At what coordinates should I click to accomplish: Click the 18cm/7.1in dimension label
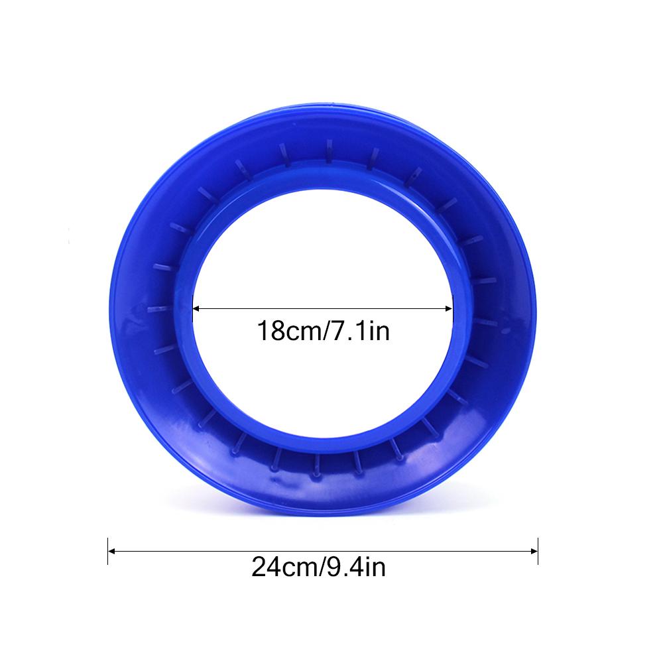[323, 331]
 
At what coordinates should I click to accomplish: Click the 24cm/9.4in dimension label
[318, 567]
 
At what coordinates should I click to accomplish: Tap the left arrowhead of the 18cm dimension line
[196, 309]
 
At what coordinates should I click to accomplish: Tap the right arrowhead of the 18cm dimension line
[449, 309]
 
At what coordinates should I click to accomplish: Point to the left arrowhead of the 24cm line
[111, 551]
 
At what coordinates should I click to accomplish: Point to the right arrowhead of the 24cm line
[534, 551]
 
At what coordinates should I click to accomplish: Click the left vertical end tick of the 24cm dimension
[108, 551]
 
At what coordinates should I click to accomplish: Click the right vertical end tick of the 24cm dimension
[538, 551]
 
